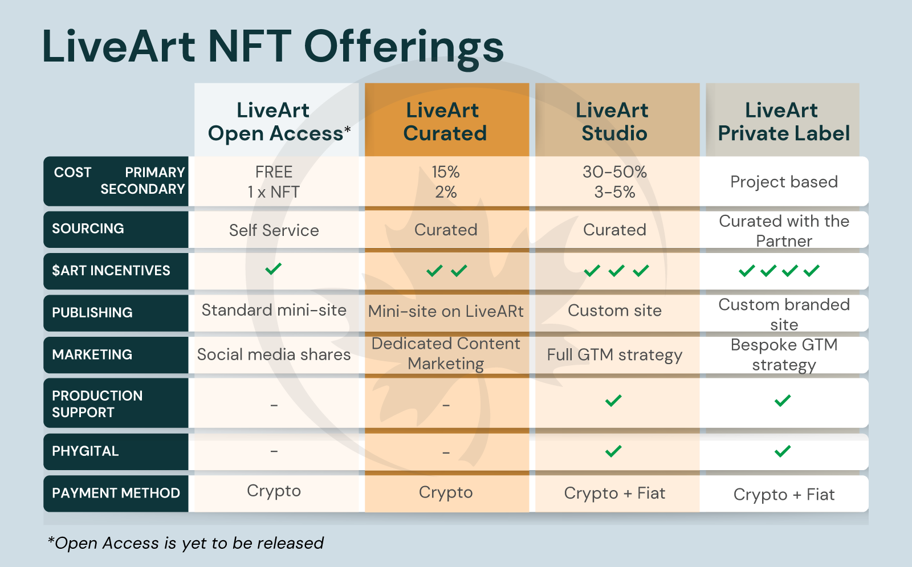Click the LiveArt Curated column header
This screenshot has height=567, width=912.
pos(445,121)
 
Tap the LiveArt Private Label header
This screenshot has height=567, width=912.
pos(783,121)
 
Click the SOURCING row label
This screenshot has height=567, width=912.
pos(88,229)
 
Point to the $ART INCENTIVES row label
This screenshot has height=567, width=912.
pos(111,271)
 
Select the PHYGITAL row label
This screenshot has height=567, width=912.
pos(85,451)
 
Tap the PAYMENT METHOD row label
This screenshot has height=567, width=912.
pos(116,493)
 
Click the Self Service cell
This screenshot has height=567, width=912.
pos(274,230)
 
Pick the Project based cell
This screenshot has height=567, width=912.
pos(784,182)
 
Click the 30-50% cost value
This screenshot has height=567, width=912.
pos(614,172)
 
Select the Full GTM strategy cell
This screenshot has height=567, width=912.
pos(614,355)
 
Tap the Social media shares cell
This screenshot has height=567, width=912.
pos(274,354)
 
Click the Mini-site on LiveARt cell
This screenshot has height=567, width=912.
pos(446,311)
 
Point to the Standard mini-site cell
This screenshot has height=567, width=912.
pos(274,310)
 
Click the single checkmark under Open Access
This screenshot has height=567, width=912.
pos(274,268)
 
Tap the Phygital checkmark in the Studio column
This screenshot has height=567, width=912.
pos(613,451)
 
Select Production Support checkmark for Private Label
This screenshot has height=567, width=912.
pos(783,401)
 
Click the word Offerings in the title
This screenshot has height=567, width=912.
pos(405,47)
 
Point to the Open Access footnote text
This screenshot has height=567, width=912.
pos(186,543)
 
